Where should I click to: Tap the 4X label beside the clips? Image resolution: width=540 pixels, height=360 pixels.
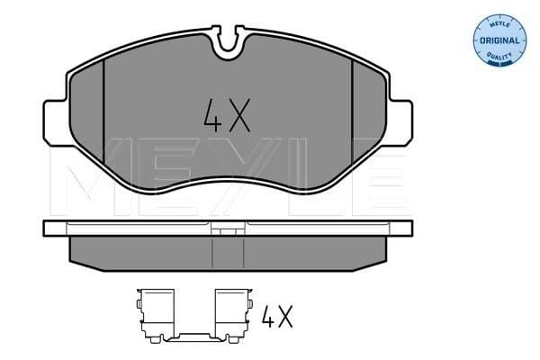(x=278, y=317)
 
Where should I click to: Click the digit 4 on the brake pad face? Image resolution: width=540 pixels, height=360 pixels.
(x=208, y=115)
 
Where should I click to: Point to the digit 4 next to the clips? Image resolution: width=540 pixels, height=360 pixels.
(x=268, y=317)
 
